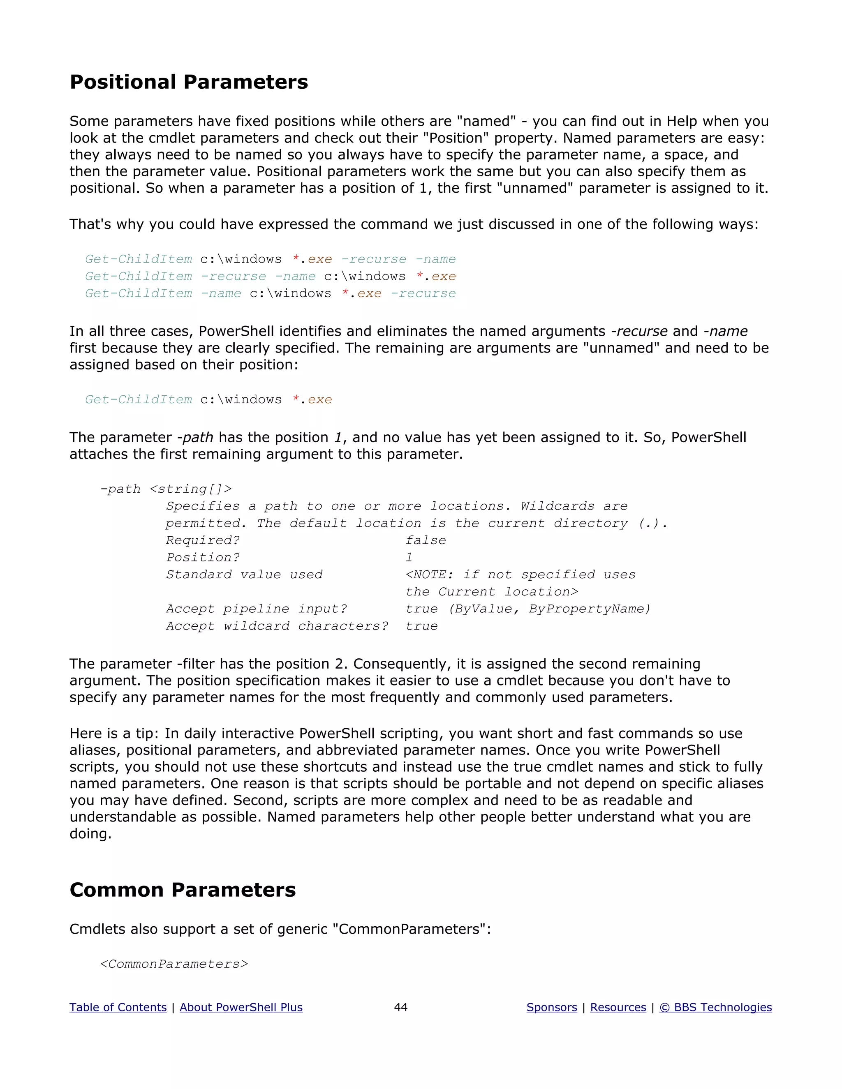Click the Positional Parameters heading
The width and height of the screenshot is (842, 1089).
[x=189, y=82]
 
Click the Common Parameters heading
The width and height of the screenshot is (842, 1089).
[x=183, y=890]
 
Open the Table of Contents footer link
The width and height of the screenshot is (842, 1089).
[x=118, y=1007]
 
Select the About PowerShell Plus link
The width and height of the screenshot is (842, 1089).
[x=241, y=1007]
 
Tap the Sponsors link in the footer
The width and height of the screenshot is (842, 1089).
[x=552, y=1007]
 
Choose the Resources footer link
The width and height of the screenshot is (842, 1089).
[x=618, y=1007]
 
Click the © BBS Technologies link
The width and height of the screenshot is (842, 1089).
[x=715, y=1007]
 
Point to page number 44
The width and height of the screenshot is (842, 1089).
[x=400, y=1007]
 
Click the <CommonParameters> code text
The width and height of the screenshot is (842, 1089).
[x=174, y=964]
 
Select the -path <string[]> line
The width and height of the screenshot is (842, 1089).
[x=166, y=489]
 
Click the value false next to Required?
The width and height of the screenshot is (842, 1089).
[x=426, y=540]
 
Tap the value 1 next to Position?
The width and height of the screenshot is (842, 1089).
[x=409, y=557]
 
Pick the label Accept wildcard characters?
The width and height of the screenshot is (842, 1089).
[x=277, y=626]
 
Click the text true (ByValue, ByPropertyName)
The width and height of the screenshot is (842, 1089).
[x=528, y=609]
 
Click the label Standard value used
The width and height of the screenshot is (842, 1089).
[x=244, y=574]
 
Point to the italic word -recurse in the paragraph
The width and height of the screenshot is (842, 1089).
[x=639, y=331]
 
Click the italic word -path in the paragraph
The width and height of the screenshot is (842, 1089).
[x=195, y=437]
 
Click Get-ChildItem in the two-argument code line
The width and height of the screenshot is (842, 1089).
[x=138, y=399]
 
